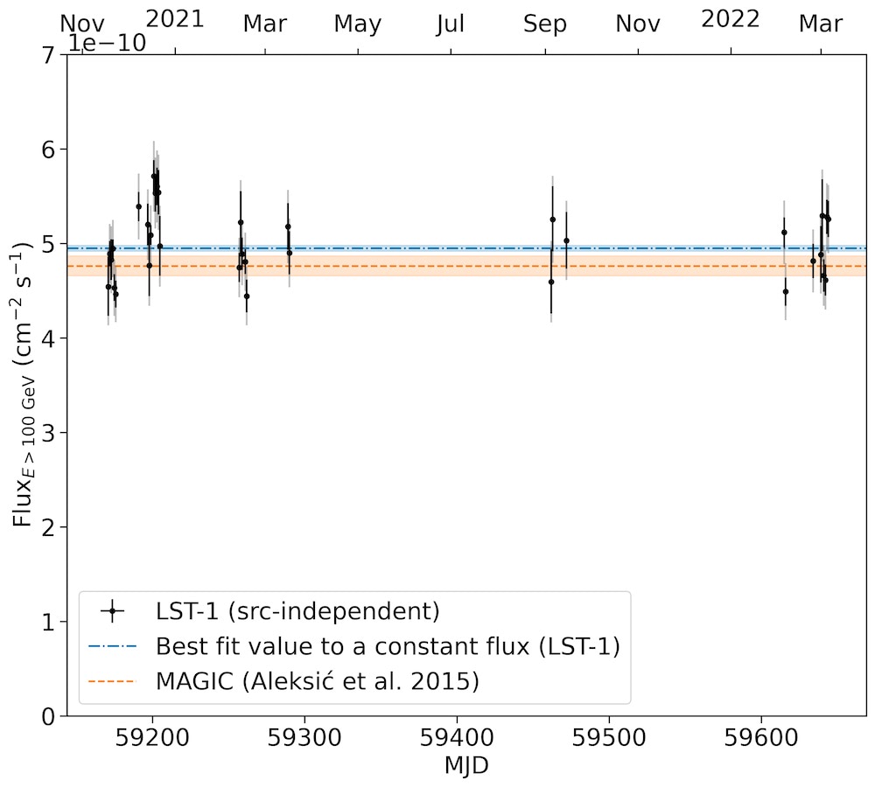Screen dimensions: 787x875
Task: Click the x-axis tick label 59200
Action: (x=152, y=739)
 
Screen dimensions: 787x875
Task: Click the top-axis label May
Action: (x=358, y=24)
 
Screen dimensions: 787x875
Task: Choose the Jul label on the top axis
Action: (x=451, y=24)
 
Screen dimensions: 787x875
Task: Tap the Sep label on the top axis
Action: (x=545, y=24)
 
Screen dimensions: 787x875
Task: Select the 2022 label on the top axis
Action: (x=731, y=19)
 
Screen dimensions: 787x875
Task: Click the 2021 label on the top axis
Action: (x=174, y=19)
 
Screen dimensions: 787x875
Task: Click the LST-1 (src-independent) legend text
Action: (x=297, y=610)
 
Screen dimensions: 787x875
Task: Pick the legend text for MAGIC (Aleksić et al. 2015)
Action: (x=318, y=680)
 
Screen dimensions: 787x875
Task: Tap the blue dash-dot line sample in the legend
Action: (x=113, y=646)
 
